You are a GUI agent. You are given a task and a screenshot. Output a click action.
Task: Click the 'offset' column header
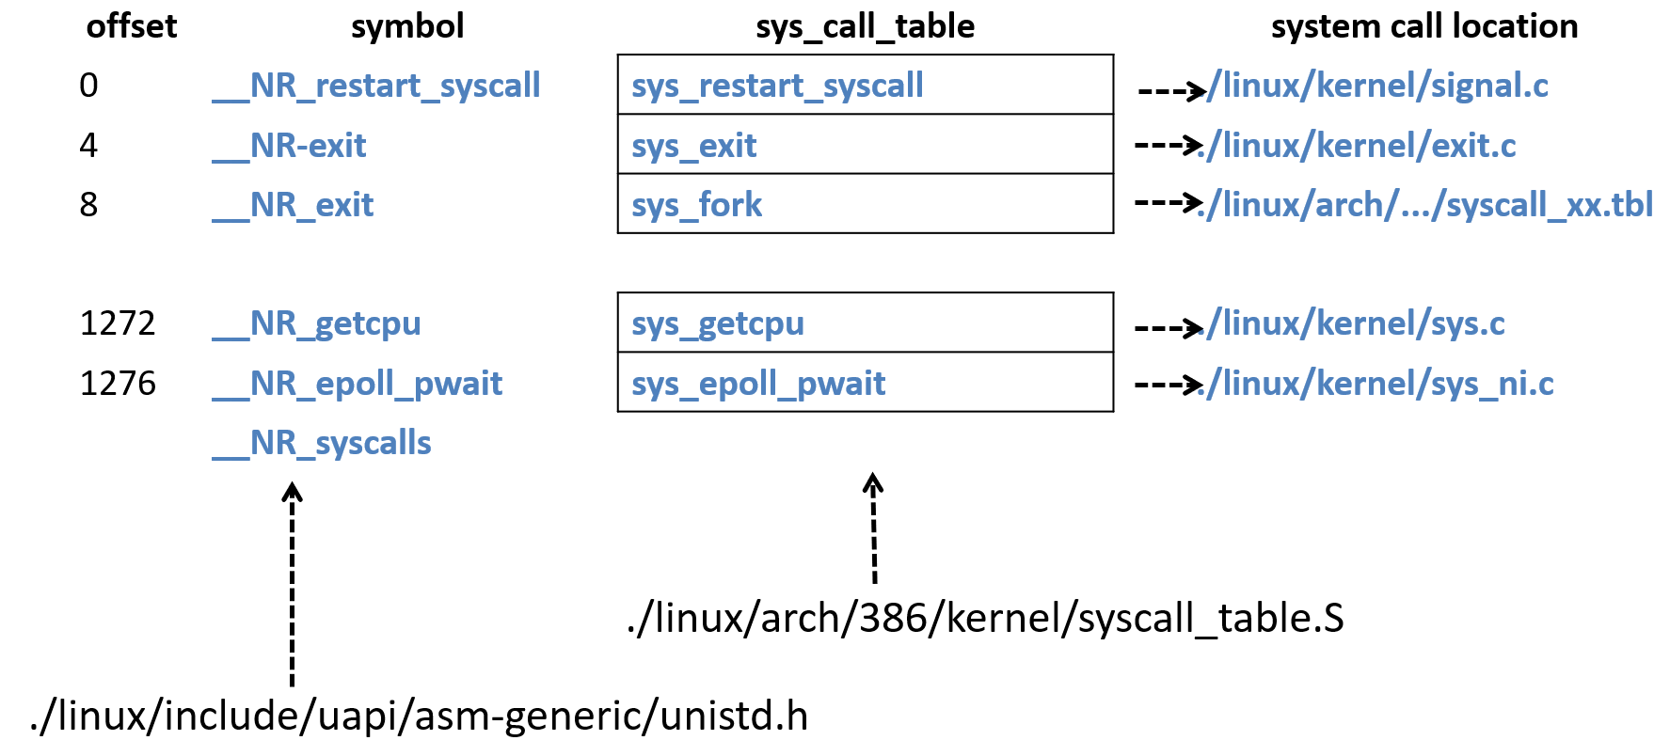click(131, 26)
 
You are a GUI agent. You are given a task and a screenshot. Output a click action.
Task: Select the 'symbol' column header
click(407, 26)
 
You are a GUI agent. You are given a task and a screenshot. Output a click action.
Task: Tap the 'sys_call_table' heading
click(865, 26)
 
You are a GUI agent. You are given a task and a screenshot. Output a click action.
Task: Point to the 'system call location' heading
click(1423, 26)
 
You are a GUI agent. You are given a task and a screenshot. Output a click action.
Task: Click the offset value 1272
click(118, 323)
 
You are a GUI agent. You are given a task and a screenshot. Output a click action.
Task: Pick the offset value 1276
click(118, 384)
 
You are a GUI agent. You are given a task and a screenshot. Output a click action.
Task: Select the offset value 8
click(88, 205)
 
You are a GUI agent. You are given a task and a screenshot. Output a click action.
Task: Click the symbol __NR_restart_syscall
click(376, 86)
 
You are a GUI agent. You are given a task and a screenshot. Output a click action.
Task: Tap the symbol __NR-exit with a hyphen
click(290, 146)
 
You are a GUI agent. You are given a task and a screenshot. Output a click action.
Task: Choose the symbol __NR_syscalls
click(322, 443)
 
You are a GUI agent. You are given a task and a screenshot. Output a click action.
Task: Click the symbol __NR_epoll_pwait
click(358, 384)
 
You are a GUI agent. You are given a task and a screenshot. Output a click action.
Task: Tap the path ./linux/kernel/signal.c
click(1378, 86)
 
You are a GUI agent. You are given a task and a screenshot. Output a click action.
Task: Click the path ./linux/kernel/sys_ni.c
click(1378, 384)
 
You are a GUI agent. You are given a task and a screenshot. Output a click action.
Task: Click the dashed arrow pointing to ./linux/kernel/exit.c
click(1168, 145)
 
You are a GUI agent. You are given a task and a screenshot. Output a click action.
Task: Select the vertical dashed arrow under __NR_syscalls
click(293, 583)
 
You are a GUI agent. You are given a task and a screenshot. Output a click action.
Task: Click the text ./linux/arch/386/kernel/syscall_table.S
click(985, 618)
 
